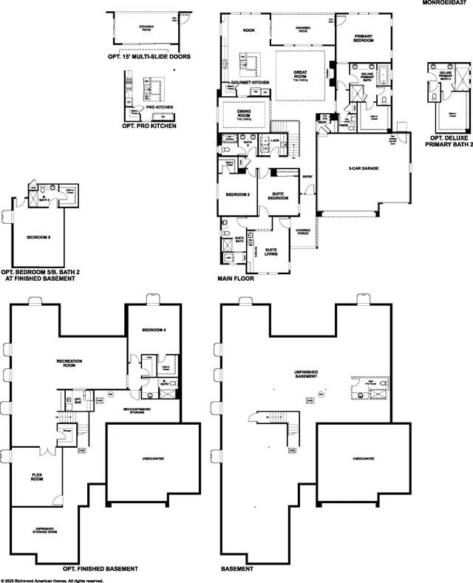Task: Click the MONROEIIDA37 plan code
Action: pos(447,3)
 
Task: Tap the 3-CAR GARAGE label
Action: pos(363,168)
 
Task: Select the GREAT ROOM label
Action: pos(300,76)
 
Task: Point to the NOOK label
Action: pos(249,31)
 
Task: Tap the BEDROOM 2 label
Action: pos(237,194)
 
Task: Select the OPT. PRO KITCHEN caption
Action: pos(149,126)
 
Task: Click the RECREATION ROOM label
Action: pos(69,364)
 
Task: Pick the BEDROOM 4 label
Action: pos(153,329)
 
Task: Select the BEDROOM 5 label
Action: pos(38,238)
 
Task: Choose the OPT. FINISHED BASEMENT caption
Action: pos(100,569)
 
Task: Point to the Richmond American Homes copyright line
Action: pos(52,580)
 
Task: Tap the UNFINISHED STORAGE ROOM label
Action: pos(44,531)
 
